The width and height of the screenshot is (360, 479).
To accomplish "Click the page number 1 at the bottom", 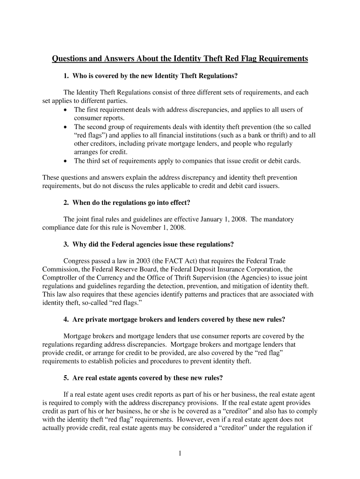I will (180, 453).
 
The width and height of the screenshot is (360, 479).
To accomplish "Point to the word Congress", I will (77, 261).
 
